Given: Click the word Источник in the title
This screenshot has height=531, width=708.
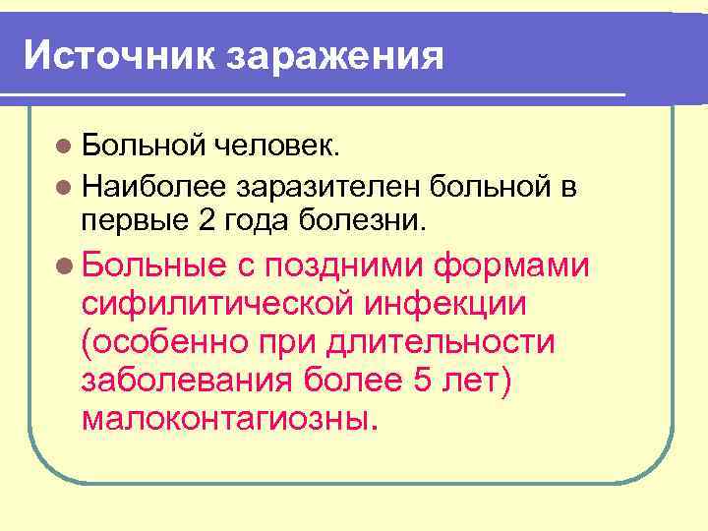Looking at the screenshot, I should (120, 55).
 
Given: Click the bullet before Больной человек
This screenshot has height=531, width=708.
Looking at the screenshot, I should (64, 147).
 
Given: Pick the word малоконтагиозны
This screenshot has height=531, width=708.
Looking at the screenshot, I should (228, 420).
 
